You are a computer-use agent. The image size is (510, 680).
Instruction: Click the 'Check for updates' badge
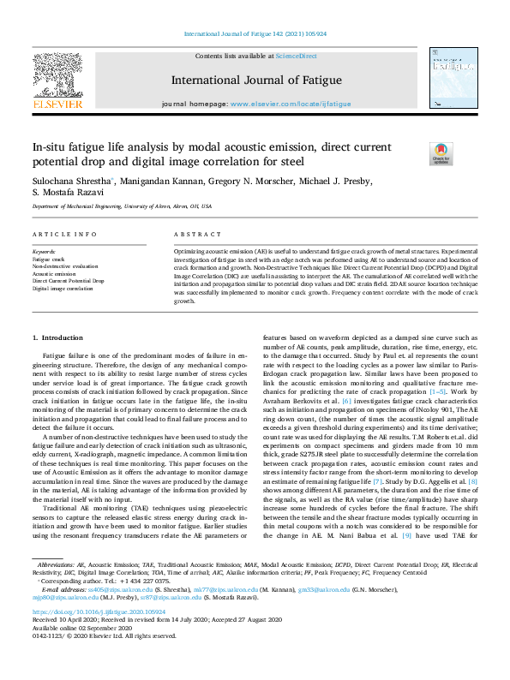point(441,153)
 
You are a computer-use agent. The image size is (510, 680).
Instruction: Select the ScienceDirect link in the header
point(296,56)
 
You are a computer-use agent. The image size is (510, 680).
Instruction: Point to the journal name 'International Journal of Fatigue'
point(256,81)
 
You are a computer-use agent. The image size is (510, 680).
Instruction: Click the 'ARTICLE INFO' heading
point(64,234)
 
